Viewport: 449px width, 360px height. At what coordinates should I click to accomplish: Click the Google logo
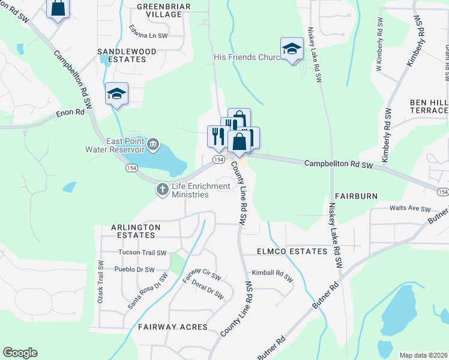(x=20, y=353)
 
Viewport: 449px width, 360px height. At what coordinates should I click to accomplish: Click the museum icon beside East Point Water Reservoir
(x=154, y=144)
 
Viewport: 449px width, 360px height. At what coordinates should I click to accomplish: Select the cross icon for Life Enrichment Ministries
(x=162, y=190)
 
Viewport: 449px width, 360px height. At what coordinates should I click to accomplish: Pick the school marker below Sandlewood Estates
(x=116, y=94)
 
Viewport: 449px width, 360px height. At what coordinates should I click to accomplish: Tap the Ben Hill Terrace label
(x=429, y=106)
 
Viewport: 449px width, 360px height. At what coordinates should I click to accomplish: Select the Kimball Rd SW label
(x=272, y=275)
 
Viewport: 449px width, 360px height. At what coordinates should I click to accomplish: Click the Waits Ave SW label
(x=410, y=209)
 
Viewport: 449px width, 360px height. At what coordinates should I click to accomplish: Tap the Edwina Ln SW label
(x=148, y=32)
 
